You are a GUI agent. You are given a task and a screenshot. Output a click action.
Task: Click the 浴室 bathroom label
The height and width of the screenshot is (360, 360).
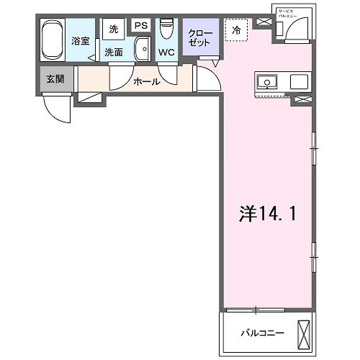80,41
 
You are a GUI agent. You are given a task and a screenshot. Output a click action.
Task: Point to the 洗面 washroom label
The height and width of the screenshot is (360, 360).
114,52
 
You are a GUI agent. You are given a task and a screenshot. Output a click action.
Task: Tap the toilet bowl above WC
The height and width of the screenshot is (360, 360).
166,29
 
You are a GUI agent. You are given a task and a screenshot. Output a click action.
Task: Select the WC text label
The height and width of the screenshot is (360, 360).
166,53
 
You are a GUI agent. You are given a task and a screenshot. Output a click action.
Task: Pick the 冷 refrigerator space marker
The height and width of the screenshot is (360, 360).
236,30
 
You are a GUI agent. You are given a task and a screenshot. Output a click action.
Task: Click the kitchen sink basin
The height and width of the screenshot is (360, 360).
267,82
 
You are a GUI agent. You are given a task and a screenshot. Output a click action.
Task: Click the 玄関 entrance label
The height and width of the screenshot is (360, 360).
55,78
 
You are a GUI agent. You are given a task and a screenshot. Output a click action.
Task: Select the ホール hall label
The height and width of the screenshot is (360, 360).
146,81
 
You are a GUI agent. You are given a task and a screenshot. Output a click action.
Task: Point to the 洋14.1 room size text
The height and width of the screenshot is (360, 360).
266,214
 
